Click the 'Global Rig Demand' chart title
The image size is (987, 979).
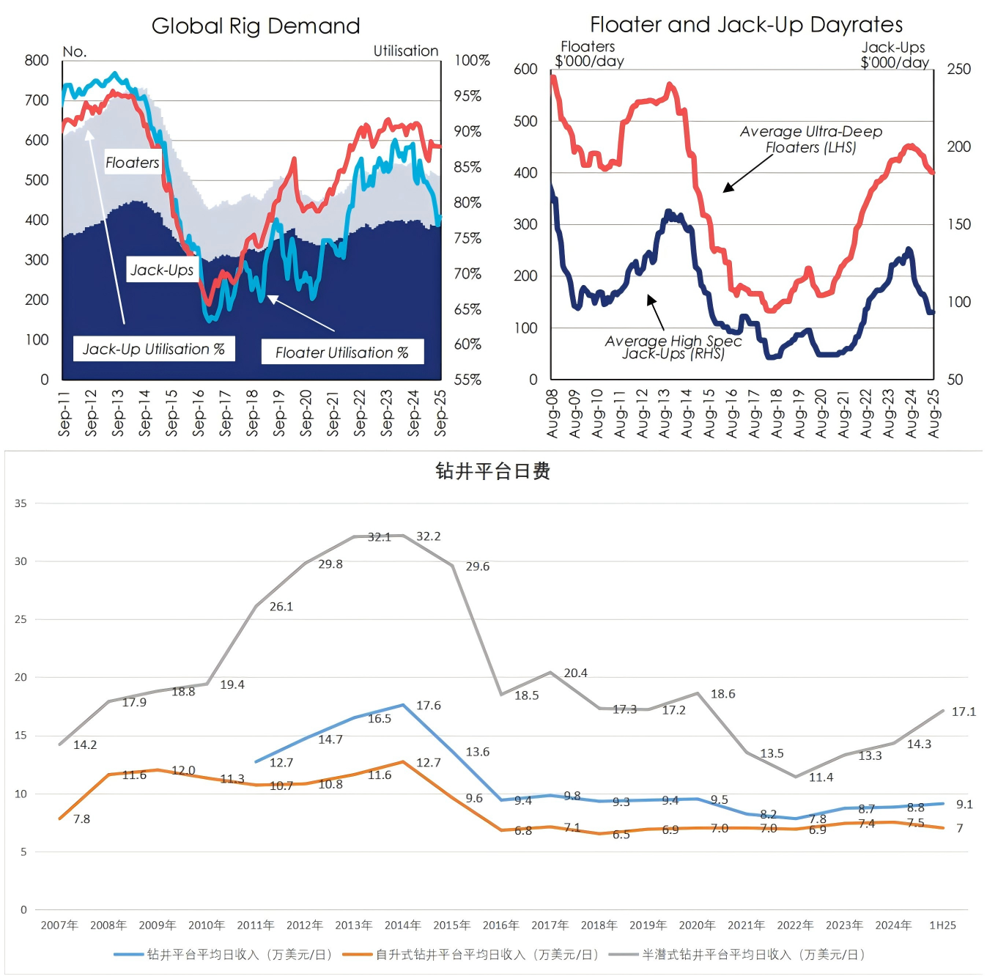tap(256, 26)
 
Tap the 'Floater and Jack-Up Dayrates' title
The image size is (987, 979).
tap(746, 25)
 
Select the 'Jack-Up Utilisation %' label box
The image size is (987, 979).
tap(154, 349)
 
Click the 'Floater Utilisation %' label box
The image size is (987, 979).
tap(342, 352)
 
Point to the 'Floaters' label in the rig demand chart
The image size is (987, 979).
tap(132, 163)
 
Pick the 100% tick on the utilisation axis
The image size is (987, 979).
tap(472, 60)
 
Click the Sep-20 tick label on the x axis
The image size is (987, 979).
tap(306, 413)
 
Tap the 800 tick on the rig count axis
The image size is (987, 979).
tap(37, 60)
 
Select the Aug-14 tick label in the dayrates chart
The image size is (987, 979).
tap(687, 414)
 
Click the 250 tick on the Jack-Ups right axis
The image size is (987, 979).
tap(958, 69)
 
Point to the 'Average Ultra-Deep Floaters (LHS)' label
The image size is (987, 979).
tap(810, 139)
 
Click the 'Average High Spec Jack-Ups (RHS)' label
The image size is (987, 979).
tap(673, 347)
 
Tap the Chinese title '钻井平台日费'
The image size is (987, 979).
tap(492, 470)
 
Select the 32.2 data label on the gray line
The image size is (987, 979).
tap(429, 536)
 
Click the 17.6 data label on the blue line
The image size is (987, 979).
tap(429, 706)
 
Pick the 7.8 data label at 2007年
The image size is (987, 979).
tap(81, 819)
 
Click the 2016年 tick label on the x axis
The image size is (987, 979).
tap(500, 926)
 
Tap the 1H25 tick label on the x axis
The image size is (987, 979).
tap(942, 926)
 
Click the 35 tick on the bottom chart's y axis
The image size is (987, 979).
tap(21, 503)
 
